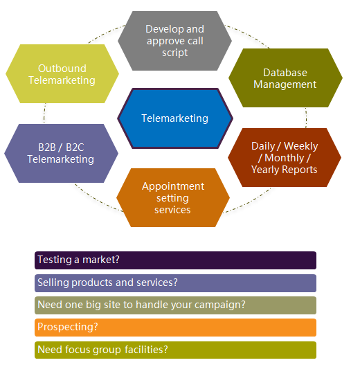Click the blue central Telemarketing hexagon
click(x=175, y=118)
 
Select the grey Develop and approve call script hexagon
click(x=175, y=41)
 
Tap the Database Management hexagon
click(x=285, y=78)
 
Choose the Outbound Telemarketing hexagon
click(x=62, y=73)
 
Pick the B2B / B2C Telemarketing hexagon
click(x=62, y=153)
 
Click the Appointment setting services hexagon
click(x=173, y=197)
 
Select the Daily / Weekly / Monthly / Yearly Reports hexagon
click(x=285, y=157)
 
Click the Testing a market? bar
click(x=176, y=260)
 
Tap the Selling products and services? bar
click(x=176, y=283)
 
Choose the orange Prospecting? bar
click(x=176, y=328)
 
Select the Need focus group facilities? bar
click(x=176, y=350)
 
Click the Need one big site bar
click(x=176, y=305)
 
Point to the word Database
click(x=285, y=73)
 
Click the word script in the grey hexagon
click(x=175, y=53)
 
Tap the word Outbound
click(x=62, y=69)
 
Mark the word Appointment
click(x=173, y=186)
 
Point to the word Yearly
click(x=264, y=170)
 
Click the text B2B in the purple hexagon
click(x=47, y=147)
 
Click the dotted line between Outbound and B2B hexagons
click(x=44, y=114)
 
